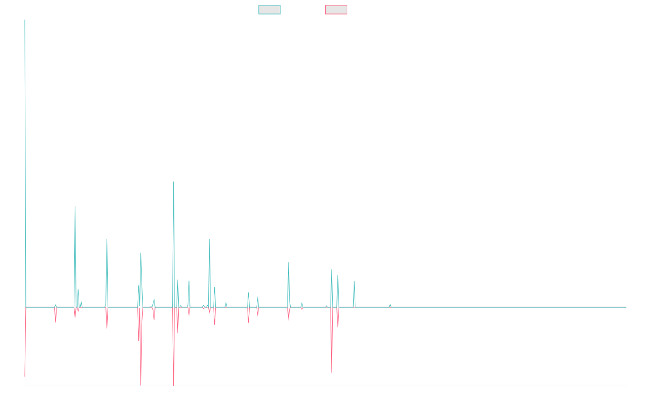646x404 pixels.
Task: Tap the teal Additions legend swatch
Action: [x=270, y=10]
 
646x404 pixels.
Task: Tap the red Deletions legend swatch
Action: [x=336, y=10]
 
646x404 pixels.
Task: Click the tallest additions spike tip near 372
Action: [x=173, y=182]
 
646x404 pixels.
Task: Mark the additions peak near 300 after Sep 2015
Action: [x=75, y=207]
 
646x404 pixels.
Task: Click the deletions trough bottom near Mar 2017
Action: [x=141, y=385]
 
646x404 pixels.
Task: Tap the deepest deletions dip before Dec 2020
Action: [x=332, y=372]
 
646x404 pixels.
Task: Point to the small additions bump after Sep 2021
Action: [x=390, y=304]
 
